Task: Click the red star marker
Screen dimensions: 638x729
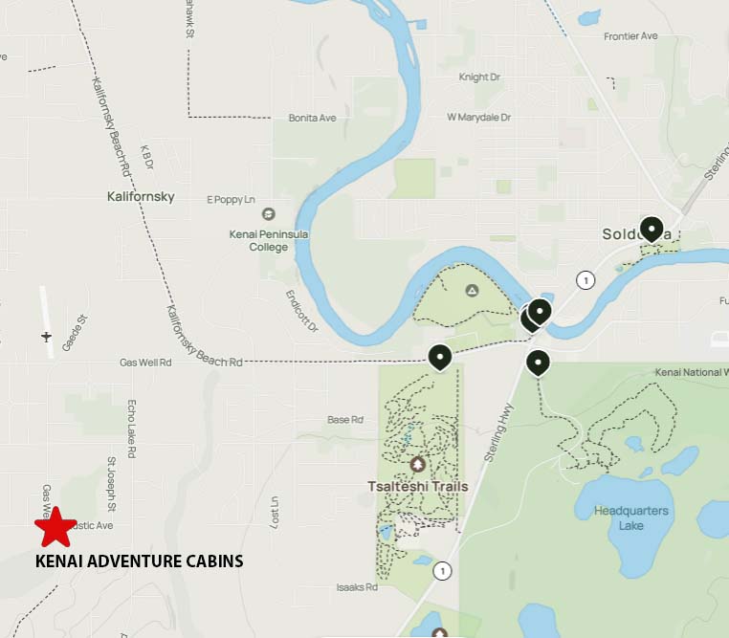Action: pos(55,527)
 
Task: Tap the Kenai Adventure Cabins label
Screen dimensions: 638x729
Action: pos(139,561)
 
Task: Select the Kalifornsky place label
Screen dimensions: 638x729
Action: pos(141,197)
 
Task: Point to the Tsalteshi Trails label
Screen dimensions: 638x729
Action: pos(418,486)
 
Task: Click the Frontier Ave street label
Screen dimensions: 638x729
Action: pos(630,36)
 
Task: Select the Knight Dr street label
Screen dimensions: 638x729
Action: pos(480,77)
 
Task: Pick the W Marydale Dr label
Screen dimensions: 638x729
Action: pos(478,118)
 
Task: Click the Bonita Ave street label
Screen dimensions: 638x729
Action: pos(312,118)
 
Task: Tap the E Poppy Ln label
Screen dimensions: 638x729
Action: pos(231,199)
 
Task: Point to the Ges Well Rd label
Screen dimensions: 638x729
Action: pos(145,363)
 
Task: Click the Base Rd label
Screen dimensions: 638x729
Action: pos(345,420)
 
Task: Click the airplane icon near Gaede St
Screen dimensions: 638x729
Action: pos(46,336)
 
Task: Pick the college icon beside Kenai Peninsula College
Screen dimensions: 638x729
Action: pos(268,214)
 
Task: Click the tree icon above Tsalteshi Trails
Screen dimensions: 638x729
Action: pos(417,465)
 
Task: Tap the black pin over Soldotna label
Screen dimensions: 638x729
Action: pos(652,230)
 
